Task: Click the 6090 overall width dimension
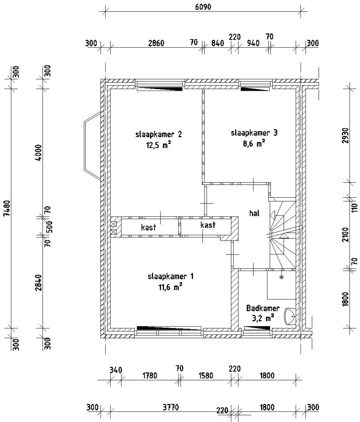[x=203, y=7]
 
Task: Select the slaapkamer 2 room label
[x=158, y=135]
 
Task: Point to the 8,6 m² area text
[x=254, y=143]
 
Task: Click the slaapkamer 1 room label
[x=170, y=276]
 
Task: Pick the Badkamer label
[x=263, y=308]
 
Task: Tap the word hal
[x=254, y=213]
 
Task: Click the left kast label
[x=148, y=227]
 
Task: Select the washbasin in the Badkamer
[x=290, y=316]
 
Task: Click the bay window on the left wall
[x=92, y=146]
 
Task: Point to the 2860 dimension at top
[x=156, y=43]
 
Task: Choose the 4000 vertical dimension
[x=39, y=153]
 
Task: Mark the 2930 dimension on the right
[x=345, y=135]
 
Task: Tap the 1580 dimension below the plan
[x=206, y=375]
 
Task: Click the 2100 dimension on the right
[x=345, y=235]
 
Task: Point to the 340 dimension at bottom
[x=116, y=370]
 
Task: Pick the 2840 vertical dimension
[x=39, y=283]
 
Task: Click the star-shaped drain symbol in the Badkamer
[x=282, y=277]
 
